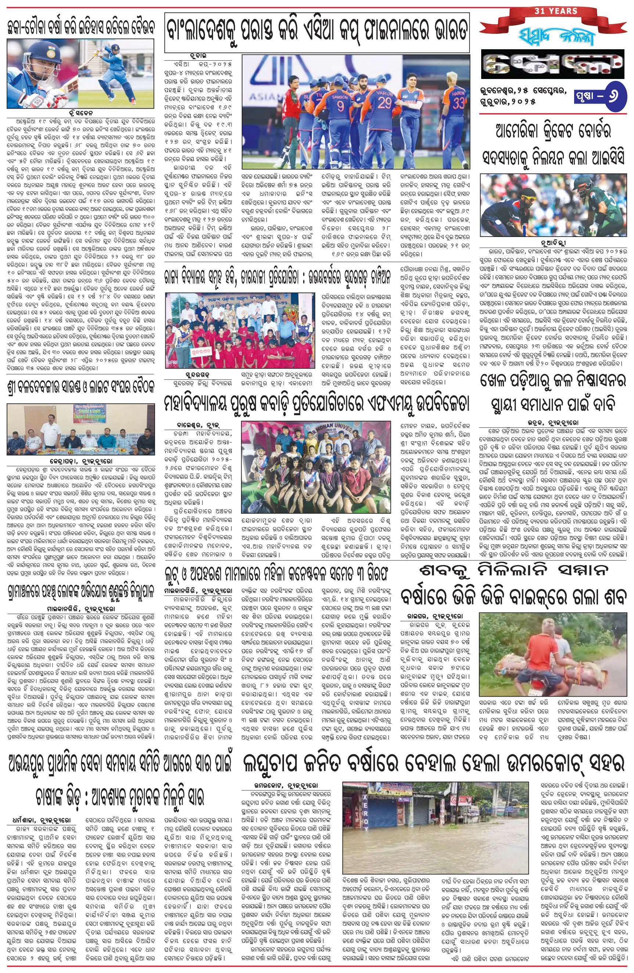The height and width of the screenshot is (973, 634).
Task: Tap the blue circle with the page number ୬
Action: [616, 98]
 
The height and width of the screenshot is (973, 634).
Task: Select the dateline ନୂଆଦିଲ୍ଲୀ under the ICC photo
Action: [553, 241]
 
